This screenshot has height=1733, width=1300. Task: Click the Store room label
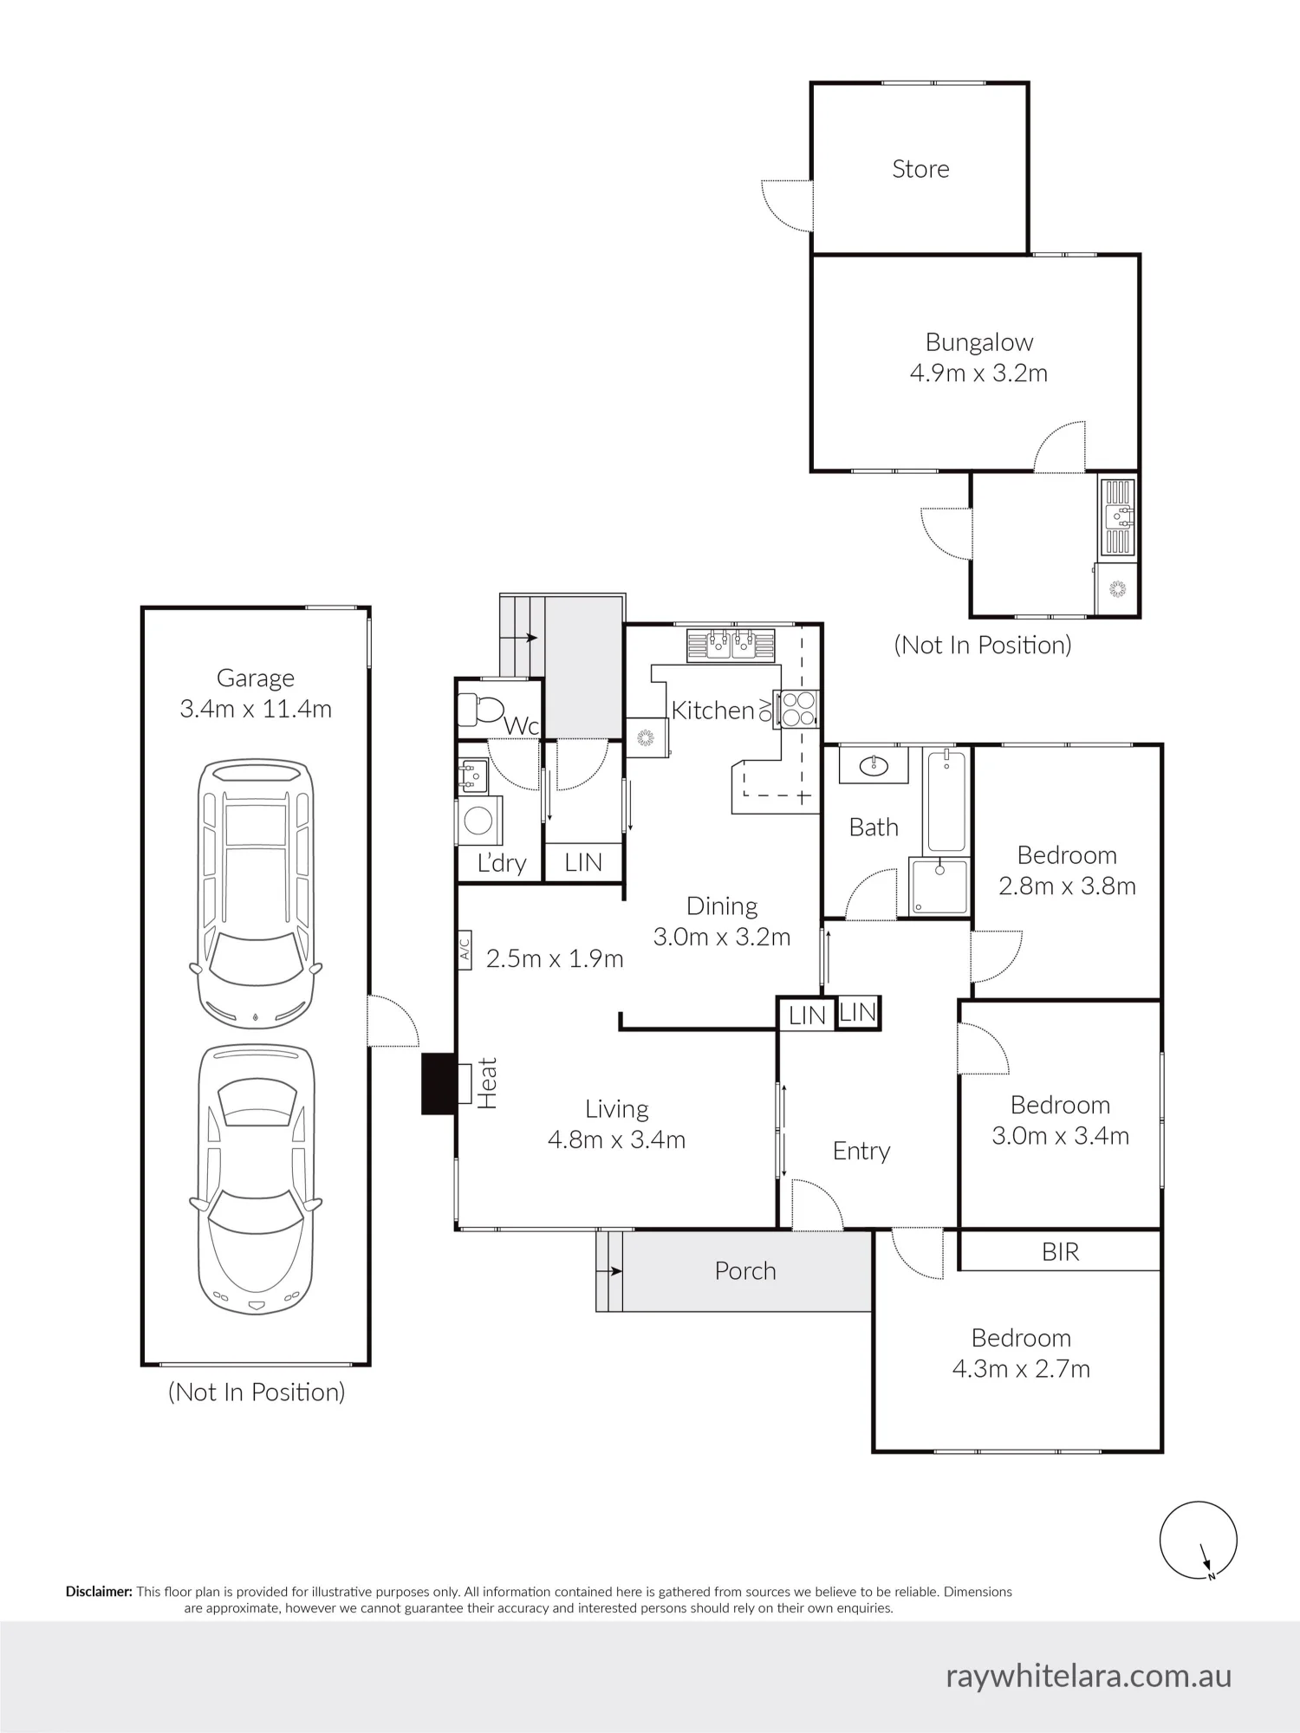pos(920,169)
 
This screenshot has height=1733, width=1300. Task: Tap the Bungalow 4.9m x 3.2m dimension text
pos(978,373)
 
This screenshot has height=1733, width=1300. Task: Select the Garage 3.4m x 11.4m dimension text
pos(256,709)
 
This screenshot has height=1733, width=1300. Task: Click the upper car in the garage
pos(256,893)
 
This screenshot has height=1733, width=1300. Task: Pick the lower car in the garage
pos(256,1179)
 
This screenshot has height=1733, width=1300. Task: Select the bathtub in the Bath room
pos(946,802)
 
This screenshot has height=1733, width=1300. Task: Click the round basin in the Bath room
pos(874,765)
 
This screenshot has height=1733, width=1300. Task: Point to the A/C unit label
pos(464,951)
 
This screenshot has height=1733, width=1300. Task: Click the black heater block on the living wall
pos(439,1083)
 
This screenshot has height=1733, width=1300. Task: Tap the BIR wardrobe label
pos(1061,1252)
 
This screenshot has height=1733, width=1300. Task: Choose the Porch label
pos(745,1271)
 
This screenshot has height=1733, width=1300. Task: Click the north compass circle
pos(1199,1540)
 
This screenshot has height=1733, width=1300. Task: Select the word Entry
pos(861,1152)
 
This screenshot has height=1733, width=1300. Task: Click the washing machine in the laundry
pos(478,821)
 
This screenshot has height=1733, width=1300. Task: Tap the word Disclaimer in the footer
pos(99,1592)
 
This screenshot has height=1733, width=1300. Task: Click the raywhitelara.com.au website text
pos(1089,1676)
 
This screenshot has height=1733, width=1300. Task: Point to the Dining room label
pos(722,906)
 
